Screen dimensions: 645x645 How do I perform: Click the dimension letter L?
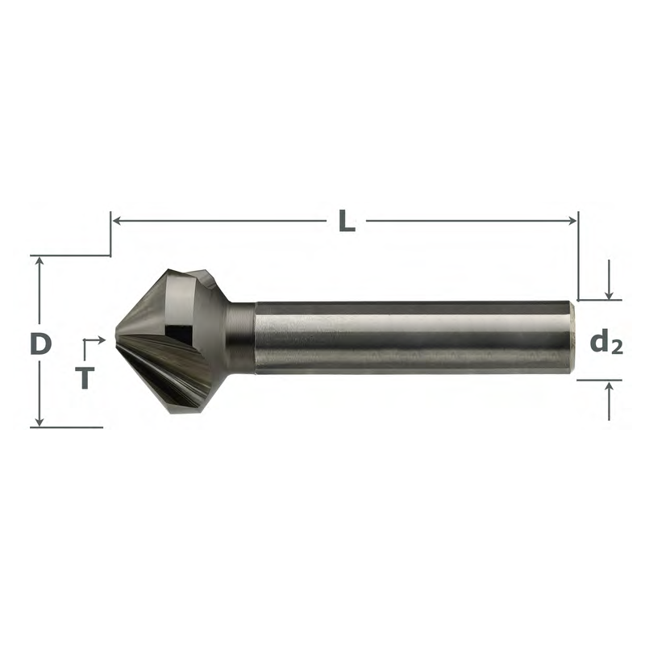click(x=347, y=221)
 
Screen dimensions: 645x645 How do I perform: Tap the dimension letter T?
click(x=85, y=377)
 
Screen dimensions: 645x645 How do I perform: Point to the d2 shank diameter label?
click(x=606, y=343)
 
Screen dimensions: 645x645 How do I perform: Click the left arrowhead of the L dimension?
click(x=116, y=221)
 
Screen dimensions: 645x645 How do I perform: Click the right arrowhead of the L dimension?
click(x=572, y=221)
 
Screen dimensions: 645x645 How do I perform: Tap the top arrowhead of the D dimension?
click(x=40, y=260)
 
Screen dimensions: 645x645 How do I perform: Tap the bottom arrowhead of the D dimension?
click(x=40, y=422)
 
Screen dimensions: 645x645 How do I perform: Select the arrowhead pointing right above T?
click(x=102, y=339)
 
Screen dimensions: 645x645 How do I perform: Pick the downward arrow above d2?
click(x=610, y=280)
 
